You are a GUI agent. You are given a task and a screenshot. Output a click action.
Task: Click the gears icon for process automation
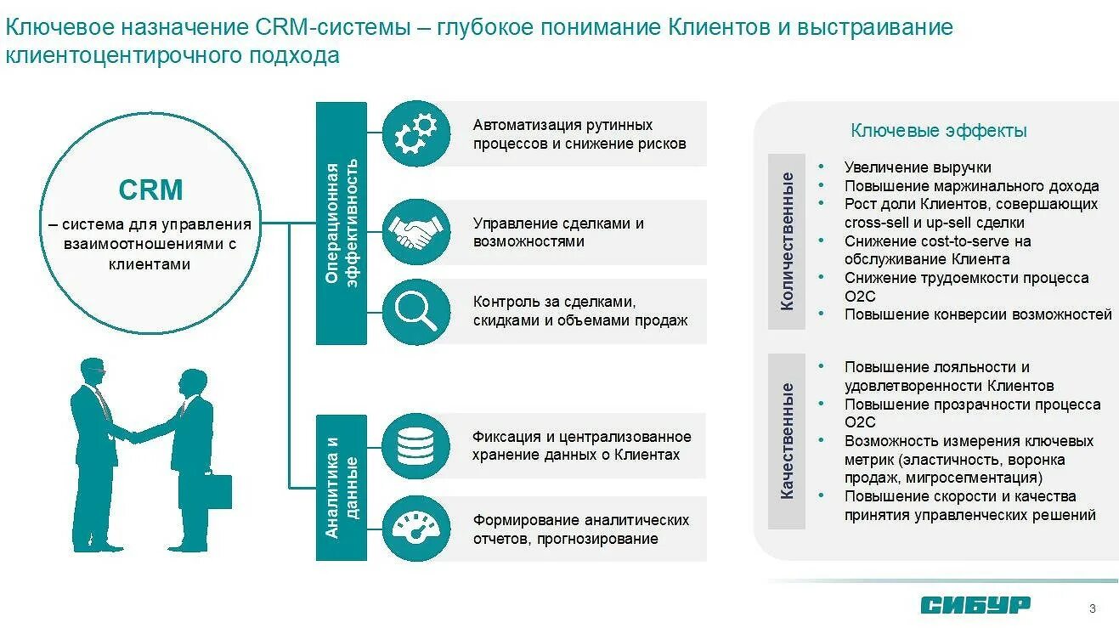pyautogui.click(x=415, y=134)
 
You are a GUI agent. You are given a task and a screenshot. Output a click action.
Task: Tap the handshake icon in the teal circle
pyautogui.click(x=415, y=232)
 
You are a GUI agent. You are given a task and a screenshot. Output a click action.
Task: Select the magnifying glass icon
pyautogui.click(x=415, y=312)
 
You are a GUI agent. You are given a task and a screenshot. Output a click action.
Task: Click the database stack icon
pyautogui.click(x=415, y=446)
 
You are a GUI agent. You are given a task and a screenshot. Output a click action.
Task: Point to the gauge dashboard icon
pyautogui.click(x=415, y=529)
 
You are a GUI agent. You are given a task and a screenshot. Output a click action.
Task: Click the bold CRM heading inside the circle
pyautogui.click(x=150, y=190)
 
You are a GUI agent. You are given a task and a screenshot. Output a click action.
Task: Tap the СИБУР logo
pyautogui.click(x=975, y=604)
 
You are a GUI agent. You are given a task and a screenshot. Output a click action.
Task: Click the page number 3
pyautogui.click(x=1093, y=608)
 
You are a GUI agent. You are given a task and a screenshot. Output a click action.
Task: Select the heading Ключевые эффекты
pyautogui.click(x=939, y=131)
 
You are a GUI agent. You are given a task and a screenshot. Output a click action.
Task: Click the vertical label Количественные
pyautogui.click(x=787, y=241)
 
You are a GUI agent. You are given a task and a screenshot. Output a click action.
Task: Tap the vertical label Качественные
pyautogui.click(x=787, y=441)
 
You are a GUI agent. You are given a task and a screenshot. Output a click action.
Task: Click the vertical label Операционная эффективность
pyautogui.click(x=342, y=223)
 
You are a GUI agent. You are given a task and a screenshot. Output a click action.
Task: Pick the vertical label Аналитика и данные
pyautogui.click(x=342, y=488)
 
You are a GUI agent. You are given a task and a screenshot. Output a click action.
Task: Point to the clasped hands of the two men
pyautogui.click(x=135, y=437)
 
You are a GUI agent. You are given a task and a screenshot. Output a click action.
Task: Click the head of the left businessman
pyautogui.click(x=93, y=372)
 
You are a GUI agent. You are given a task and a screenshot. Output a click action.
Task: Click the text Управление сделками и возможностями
pyautogui.click(x=558, y=232)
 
